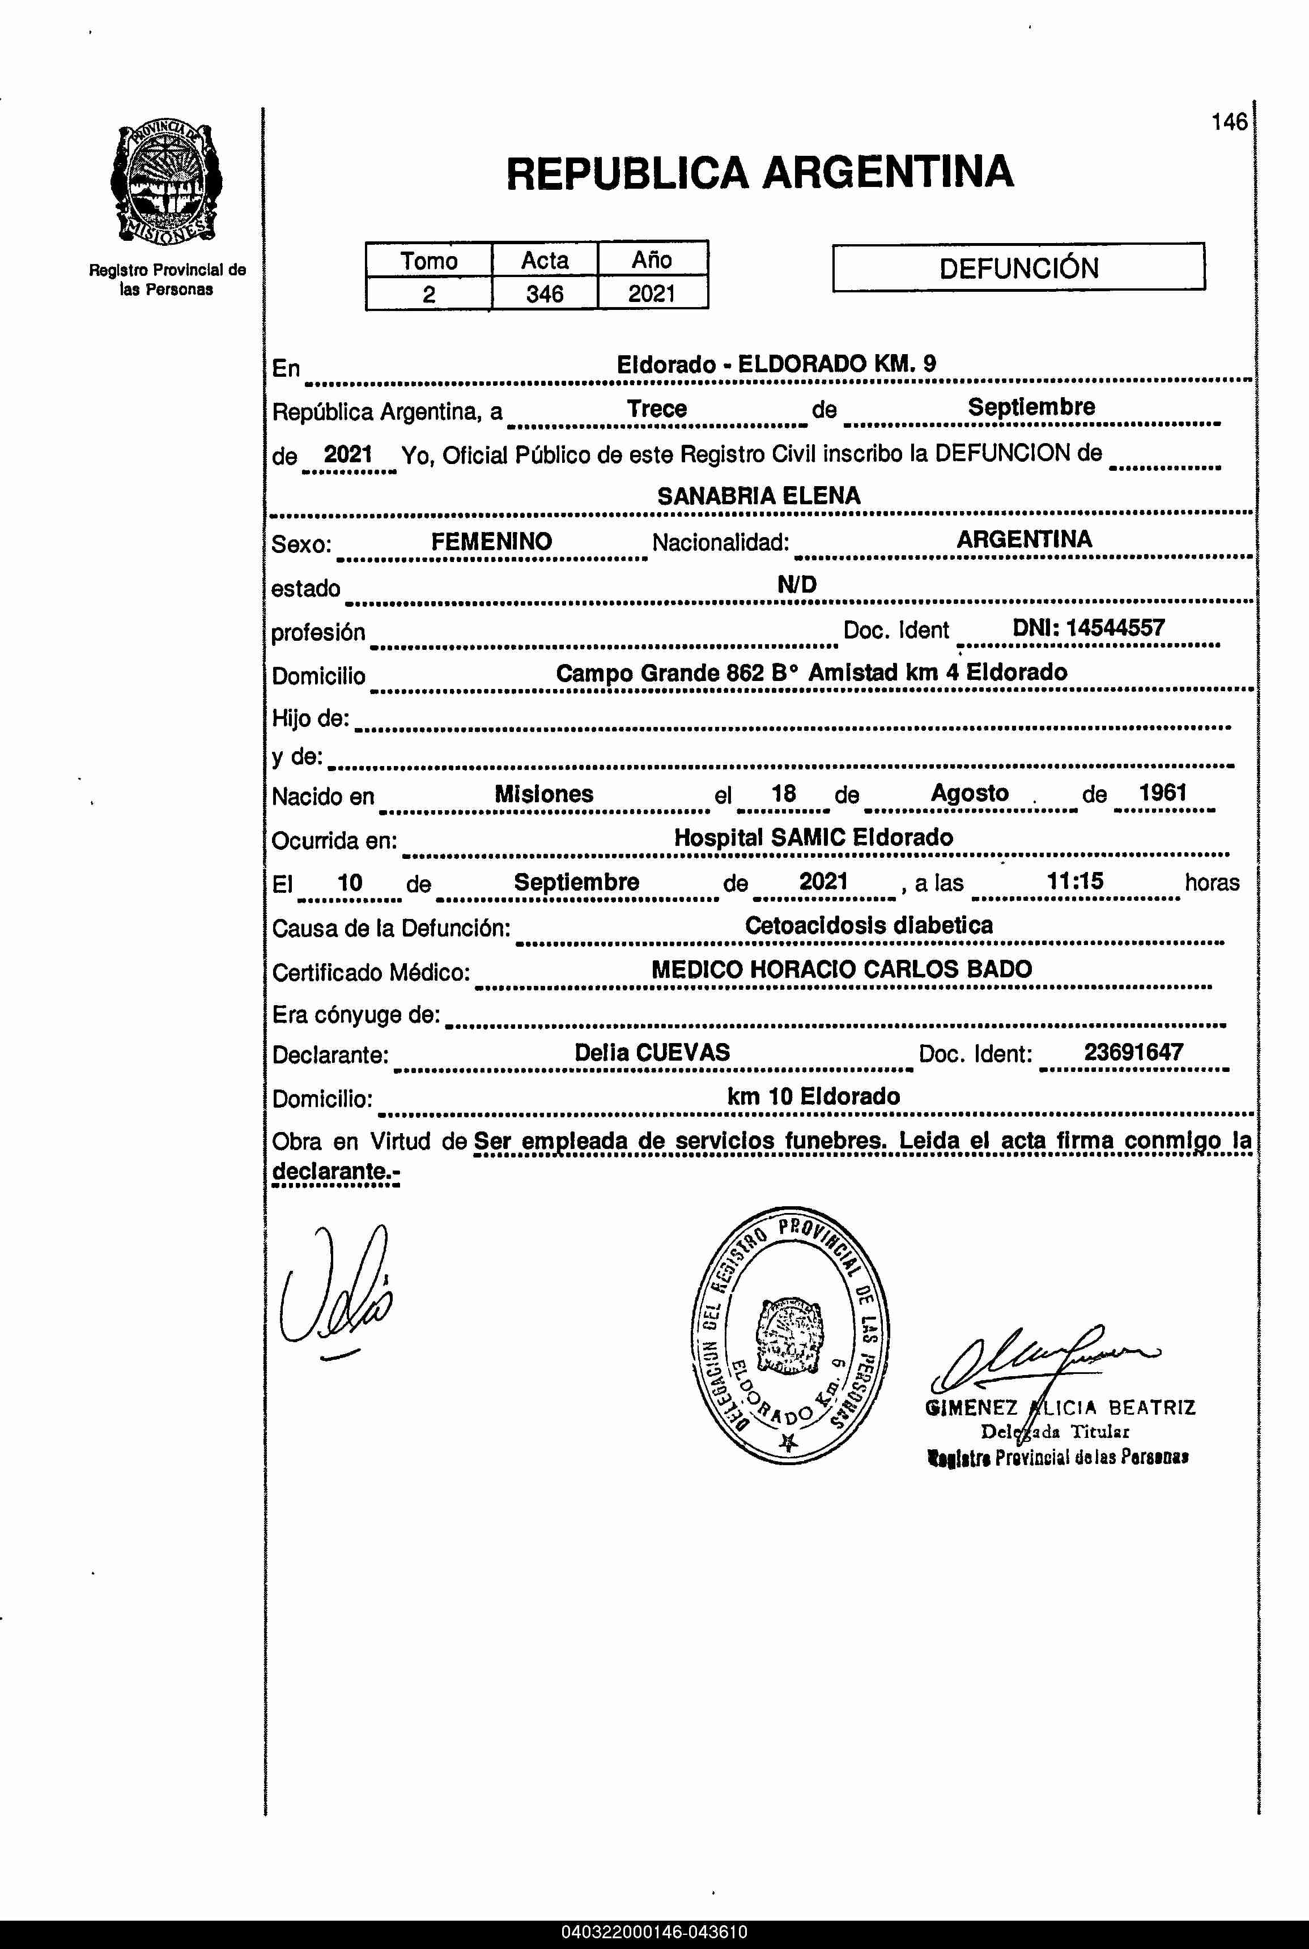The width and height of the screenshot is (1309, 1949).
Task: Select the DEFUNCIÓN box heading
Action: coord(1018,268)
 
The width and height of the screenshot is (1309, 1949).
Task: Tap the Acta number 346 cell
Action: coord(545,294)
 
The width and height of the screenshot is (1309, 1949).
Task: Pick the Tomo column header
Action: coord(428,261)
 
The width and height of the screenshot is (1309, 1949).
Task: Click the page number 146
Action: coord(1229,122)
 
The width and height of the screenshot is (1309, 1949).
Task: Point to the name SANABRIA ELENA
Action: coord(758,496)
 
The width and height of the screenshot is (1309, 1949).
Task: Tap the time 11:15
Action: coord(1076,880)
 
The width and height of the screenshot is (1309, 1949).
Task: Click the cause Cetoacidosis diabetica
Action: coord(868,925)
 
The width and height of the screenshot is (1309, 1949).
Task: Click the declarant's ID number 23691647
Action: coord(1133,1052)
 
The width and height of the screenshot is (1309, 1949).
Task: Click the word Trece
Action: coord(656,409)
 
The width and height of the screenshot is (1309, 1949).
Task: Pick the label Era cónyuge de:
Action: coord(356,1015)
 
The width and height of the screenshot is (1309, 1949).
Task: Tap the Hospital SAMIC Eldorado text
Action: coord(813,837)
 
